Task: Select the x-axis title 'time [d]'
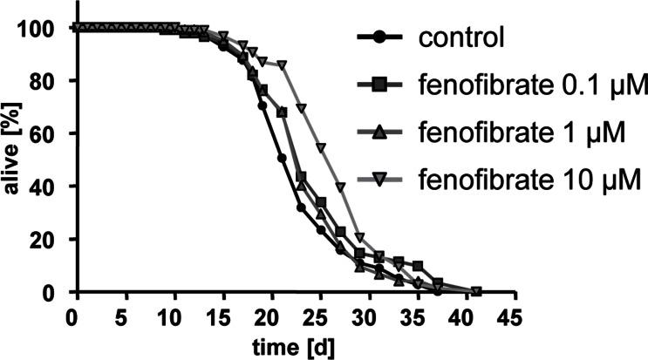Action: pyautogui.click(x=294, y=345)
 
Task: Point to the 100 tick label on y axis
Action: pyautogui.click(x=38, y=29)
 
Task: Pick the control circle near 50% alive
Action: pyautogui.click(x=281, y=159)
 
